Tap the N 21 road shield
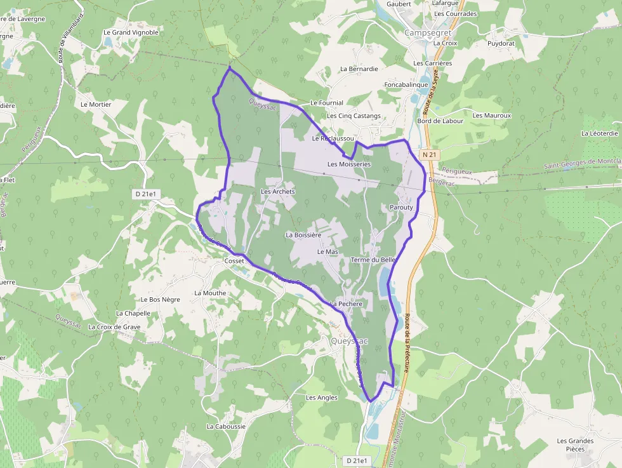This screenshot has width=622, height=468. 430,154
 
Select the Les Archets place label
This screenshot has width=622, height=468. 278,191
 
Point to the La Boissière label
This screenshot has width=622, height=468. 303,235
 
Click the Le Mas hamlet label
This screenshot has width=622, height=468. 328,252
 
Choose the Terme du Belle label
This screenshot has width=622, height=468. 373,260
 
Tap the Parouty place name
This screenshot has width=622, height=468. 401,208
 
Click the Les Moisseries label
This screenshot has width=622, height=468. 349,164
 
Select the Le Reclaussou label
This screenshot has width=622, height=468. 333,138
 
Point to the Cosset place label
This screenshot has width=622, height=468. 234,261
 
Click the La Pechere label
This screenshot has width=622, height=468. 346,304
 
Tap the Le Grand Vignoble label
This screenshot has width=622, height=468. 131,32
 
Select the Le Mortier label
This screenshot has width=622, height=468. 96,104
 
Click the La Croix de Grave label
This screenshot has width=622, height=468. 114,327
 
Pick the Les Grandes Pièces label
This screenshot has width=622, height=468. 575,445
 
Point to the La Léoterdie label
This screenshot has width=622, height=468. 600,133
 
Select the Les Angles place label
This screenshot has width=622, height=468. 322,398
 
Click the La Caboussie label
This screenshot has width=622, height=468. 226,427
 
